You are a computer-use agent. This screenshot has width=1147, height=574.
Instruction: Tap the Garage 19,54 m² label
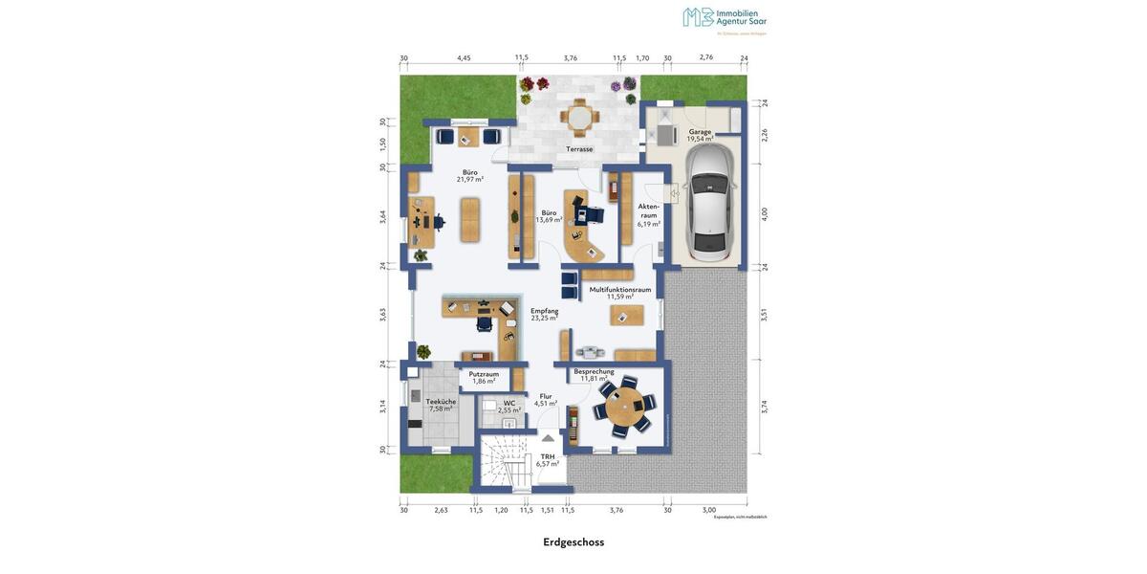pyautogui.click(x=700, y=135)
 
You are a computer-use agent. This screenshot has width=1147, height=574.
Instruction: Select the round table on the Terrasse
pyautogui.click(x=579, y=117)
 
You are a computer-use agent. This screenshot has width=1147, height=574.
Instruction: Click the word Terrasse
pyautogui.click(x=579, y=149)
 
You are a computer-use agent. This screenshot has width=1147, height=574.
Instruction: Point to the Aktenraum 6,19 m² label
pyautogui.click(x=649, y=215)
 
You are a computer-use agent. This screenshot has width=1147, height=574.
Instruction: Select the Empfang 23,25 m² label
pyautogui.click(x=545, y=314)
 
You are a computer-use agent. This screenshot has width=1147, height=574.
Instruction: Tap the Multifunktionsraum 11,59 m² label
pyautogui.click(x=620, y=293)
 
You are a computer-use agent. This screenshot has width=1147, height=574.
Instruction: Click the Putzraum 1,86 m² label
pyautogui.click(x=484, y=378)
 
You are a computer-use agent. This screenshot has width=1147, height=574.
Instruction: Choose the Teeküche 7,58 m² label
pyautogui.click(x=441, y=405)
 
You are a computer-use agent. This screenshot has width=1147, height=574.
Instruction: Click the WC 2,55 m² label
pyautogui.click(x=509, y=407)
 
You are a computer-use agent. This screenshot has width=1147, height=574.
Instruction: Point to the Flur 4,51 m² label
pyautogui.click(x=546, y=400)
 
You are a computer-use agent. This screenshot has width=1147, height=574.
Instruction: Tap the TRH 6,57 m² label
pyautogui.click(x=548, y=460)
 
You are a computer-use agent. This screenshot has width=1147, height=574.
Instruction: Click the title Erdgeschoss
pyautogui.click(x=573, y=542)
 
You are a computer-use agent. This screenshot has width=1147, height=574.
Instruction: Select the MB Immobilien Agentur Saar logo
pyautogui.click(x=725, y=19)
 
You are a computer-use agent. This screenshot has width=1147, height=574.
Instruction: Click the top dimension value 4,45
pyautogui.click(x=464, y=57)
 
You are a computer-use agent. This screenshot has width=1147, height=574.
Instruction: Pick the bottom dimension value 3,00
pyautogui.click(x=709, y=510)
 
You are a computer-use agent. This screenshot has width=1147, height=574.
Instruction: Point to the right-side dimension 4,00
pyautogui.click(x=765, y=214)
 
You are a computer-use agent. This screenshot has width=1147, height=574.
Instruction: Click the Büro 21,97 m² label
pyautogui.click(x=469, y=176)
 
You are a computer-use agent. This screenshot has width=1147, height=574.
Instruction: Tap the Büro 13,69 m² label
pyautogui.click(x=549, y=216)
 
